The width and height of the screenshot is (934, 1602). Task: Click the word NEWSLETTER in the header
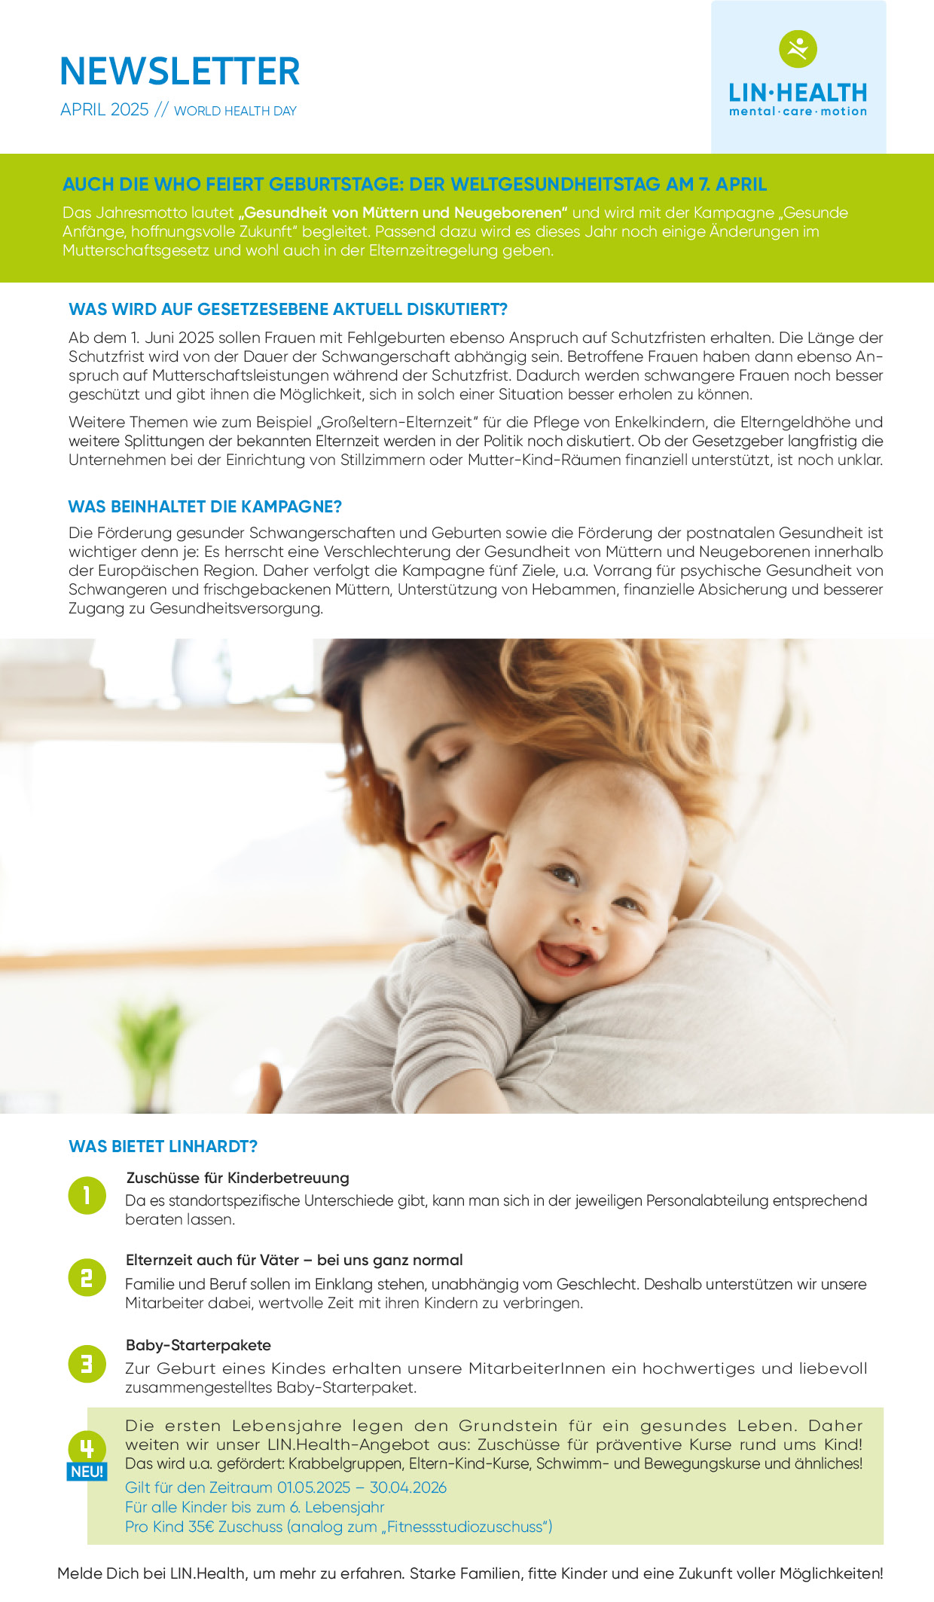pyautogui.click(x=180, y=72)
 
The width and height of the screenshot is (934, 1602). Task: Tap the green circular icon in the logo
pyautogui.click(x=798, y=49)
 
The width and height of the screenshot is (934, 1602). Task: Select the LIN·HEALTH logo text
pyautogui.click(x=798, y=93)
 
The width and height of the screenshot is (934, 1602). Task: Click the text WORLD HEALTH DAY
pyautogui.click(x=235, y=111)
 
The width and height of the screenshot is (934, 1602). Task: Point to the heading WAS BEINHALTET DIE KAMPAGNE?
pyautogui.click(x=205, y=506)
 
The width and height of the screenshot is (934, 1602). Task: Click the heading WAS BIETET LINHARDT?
pyautogui.click(x=163, y=1146)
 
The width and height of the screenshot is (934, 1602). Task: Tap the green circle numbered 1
pyautogui.click(x=87, y=1195)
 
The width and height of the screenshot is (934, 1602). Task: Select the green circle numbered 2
pyautogui.click(x=87, y=1277)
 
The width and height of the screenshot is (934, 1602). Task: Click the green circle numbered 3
pyautogui.click(x=87, y=1364)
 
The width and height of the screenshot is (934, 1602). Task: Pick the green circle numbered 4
pyautogui.click(x=87, y=1448)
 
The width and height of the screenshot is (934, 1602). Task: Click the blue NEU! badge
pyautogui.click(x=87, y=1472)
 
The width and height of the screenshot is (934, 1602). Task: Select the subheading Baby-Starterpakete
pyautogui.click(x=198, y=1345)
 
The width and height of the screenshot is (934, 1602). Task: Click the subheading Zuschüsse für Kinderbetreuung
pyautogui.click(x=237, y=1178)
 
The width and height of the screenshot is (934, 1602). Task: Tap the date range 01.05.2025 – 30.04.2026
pyautogui.click(x=362, y=1487)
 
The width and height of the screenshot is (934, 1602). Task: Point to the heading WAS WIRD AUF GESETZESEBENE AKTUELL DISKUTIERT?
pyautogui.click(x=288, y=309)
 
